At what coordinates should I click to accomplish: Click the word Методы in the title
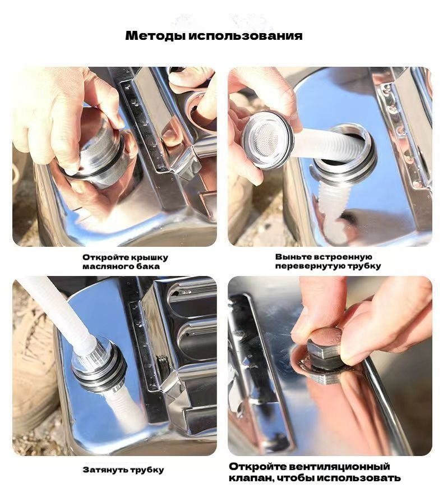[x=155, y=35]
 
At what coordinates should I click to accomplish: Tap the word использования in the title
[x=246, y=35]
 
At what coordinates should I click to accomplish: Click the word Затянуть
[x=105, y=470]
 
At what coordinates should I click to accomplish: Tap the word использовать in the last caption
[x=359, y=478]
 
